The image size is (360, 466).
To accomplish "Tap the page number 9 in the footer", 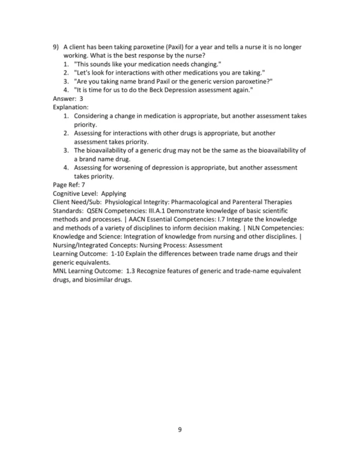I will point(180,429).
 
